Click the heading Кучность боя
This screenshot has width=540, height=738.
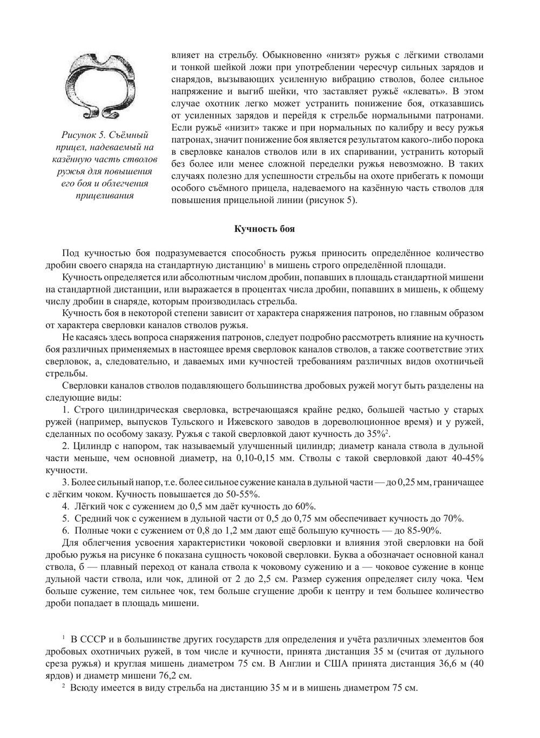point(264,229)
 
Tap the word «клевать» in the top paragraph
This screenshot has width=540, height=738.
point(420,91)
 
